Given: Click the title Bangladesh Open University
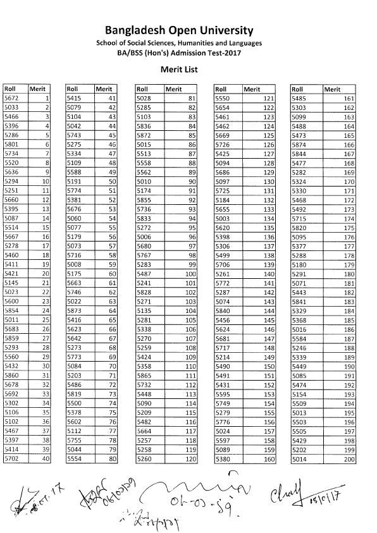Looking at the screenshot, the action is [188, 30].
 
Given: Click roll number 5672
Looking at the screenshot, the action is [11, 99].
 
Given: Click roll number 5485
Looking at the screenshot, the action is [299, 99].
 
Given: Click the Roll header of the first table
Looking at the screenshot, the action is [10, 89].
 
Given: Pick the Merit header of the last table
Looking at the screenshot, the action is [332, 89].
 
